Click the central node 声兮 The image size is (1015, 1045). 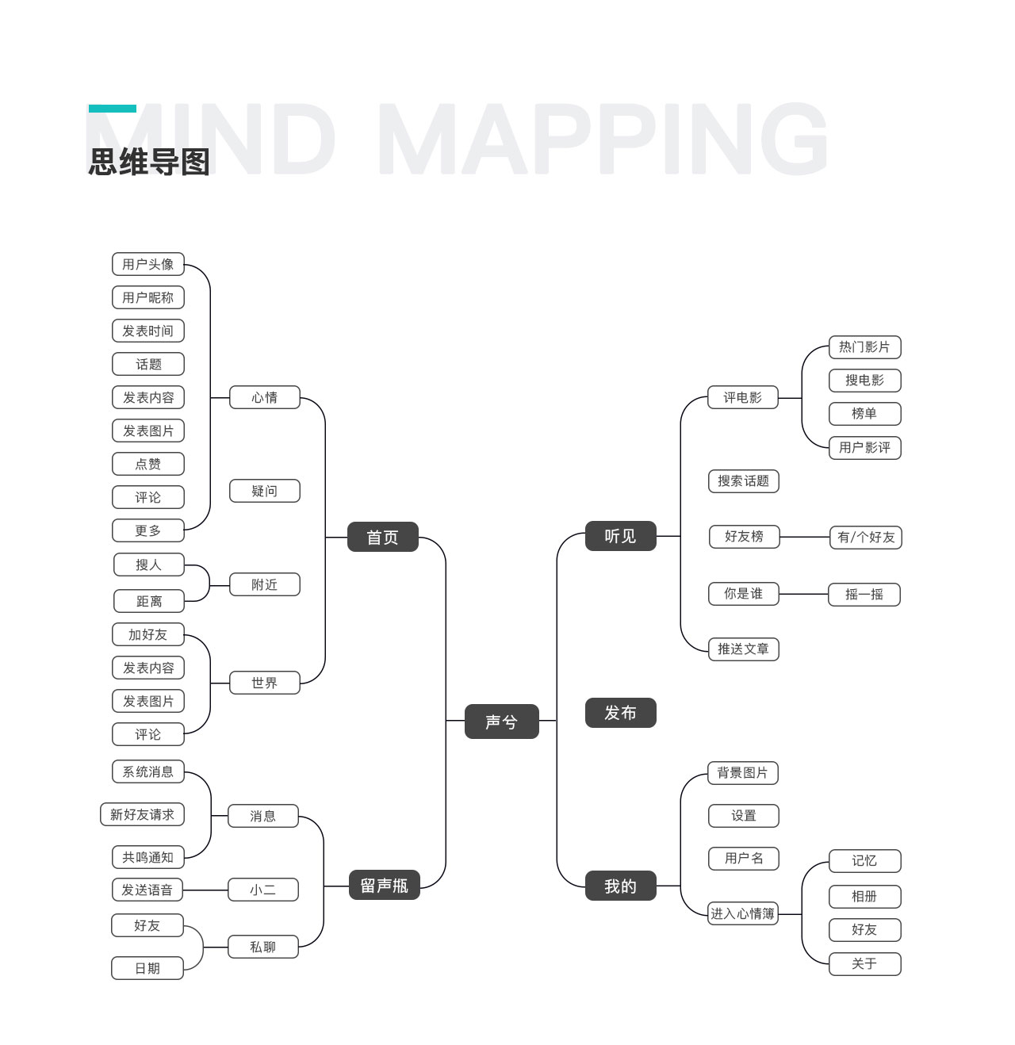click(x=501, y=722)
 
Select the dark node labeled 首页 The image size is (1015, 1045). click(x=382, y=537)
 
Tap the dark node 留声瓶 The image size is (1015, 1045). click(x=384, y=885)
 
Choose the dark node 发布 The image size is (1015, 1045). click(x=620, y=713)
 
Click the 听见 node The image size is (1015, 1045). click(x=620, y=536)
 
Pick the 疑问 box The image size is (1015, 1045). click(x=265, y=491)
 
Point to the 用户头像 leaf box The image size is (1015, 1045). click(x=148, y=264)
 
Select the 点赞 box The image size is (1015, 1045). click(x=148, y=464)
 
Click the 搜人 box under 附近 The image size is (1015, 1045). click(x=148, y=565)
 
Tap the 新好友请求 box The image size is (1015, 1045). click(x=142, y=814)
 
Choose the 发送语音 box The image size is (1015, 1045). click(x=147, y=890)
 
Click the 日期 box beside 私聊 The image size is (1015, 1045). click(x=147, y=968)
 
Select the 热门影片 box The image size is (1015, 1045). click(x=864, y=346)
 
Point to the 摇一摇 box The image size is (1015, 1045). click(x=864, y=594)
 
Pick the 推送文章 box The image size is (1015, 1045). click(x=743, y=649)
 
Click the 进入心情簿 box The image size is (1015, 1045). click(x=742, y=913)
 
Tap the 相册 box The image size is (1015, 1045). click(x=864, y=896)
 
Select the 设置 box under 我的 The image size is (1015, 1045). click(x=743, y=815)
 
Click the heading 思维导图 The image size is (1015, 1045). click(x=149, y=162)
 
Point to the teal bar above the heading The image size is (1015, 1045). click(x=112, y=109)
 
